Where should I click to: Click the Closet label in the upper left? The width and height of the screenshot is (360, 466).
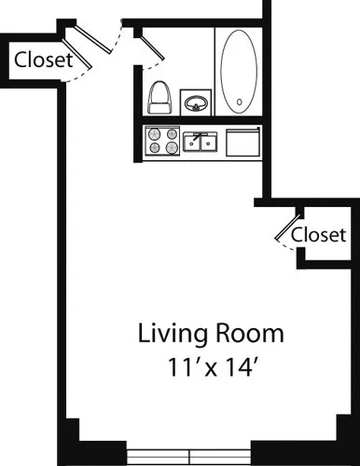[44, 61]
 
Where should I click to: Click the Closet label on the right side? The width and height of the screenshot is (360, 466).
[318, 234]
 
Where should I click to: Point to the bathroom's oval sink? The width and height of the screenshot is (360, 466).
[196, 102]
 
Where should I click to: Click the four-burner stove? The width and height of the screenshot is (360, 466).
[161, 142]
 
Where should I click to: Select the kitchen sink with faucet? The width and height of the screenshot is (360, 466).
[201, 142]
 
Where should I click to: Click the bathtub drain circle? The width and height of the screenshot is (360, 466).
[240, 103]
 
